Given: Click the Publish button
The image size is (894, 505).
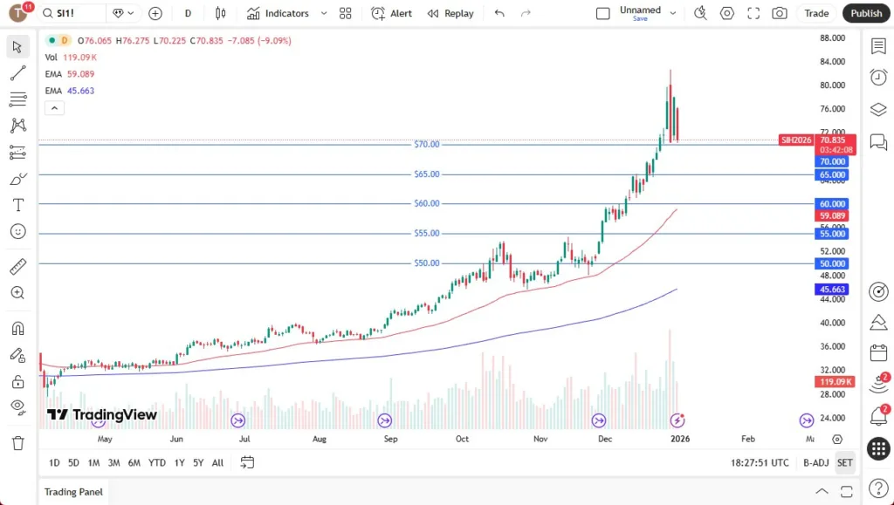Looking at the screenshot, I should click(x=866, y=13).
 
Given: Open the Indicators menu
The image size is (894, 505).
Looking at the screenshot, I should click(x=287, y=13).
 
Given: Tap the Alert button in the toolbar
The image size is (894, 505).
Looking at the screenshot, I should click(x=391, y=13).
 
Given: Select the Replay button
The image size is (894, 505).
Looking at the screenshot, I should click(x=450, y=13).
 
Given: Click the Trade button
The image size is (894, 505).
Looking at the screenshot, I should click(x=816, y=13).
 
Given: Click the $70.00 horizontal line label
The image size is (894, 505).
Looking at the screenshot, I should click(x=427, y=144).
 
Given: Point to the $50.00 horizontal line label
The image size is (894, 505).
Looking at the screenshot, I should click(x=427, y=263).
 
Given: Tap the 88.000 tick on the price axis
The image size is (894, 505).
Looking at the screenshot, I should click(x=832, y=38).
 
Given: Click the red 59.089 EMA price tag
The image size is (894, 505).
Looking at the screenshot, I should click(x=832, y=215).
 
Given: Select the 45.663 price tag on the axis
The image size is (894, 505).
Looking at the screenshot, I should click(x=832, y=289).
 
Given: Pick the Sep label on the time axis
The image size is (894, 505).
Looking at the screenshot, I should click(x=390, y=439).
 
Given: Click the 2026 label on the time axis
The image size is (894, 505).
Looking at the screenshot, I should click(x=679, y=439).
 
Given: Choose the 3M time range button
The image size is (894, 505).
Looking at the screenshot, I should click(x=113, y=462).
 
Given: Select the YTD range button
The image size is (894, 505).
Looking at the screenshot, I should click(x=157, y=462).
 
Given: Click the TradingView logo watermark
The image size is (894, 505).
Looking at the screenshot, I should click(x=102, y=415).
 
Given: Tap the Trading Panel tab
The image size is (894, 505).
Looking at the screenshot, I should click(x=73, y=492).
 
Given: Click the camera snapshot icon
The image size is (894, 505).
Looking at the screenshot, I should click(x=779, y=13).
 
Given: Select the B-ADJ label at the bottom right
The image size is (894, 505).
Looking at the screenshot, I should click(x=815, y=462).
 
